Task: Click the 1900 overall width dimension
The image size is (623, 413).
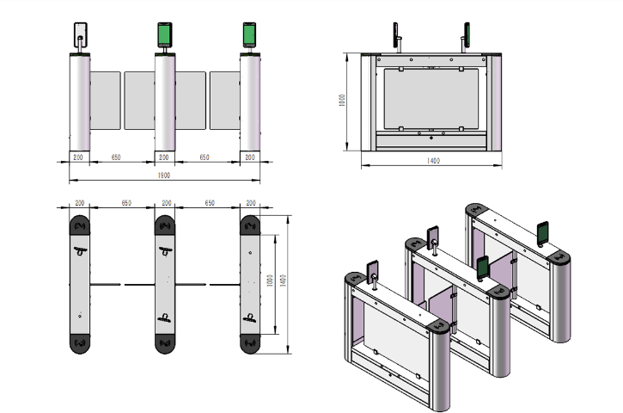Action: click(x=163, y=175)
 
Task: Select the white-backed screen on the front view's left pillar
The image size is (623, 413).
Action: click(x=80, y=34)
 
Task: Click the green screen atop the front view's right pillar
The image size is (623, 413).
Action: click(x=249, y=34)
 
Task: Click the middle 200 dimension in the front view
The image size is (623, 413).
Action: click(x=163, y=157)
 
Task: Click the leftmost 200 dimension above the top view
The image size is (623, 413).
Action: click(x=80, y=202)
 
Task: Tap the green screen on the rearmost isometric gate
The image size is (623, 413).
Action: click(x=543, y=231)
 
